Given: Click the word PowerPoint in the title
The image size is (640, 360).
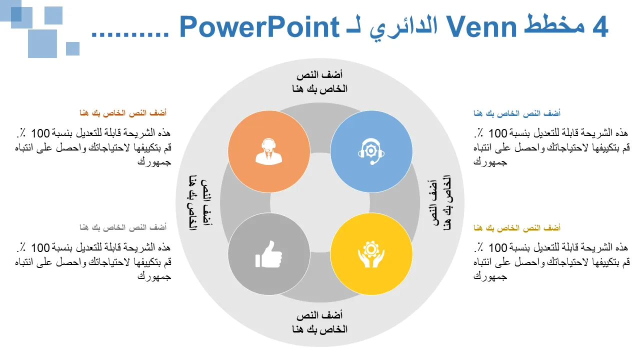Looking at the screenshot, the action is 259,27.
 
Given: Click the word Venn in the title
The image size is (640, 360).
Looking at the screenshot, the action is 481,27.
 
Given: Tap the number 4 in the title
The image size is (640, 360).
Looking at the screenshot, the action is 599,27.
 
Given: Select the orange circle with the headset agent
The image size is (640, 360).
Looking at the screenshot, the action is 269,151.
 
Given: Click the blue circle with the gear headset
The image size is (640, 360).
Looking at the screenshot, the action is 371,151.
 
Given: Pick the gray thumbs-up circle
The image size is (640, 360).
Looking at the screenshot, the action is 269,254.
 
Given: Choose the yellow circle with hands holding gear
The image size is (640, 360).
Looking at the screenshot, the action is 371,254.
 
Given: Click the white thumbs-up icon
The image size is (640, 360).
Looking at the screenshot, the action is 268,254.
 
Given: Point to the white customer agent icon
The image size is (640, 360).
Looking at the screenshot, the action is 268,151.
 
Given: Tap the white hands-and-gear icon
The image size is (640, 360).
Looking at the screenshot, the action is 371,254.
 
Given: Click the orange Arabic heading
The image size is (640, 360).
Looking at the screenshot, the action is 123,113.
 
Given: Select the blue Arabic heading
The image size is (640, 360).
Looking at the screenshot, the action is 517,113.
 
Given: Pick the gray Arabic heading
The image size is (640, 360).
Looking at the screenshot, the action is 123,227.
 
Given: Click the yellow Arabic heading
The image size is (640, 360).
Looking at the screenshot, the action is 517,228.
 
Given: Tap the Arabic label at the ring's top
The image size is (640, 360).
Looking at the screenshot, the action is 319,82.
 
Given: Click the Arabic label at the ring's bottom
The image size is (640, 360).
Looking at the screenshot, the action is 319,322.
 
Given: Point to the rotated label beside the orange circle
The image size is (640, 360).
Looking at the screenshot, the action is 200,203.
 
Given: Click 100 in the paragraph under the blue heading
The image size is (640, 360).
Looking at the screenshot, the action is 497,133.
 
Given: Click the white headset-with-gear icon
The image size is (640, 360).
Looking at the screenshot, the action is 371,151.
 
